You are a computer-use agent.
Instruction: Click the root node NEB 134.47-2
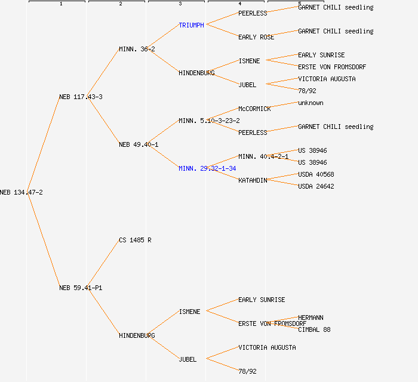[21, 192]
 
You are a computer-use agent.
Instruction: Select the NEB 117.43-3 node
[81, 97]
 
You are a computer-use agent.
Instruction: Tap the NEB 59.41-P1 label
[81, 288]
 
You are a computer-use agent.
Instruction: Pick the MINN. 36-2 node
[137, 49]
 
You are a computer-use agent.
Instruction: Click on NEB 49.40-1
[139, 144]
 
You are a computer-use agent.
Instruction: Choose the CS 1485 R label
[135, 240]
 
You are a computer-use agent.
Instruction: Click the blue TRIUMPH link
[191, 25]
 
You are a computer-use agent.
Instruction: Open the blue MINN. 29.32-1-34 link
[207, 168]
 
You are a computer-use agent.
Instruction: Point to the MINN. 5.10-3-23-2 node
[209, 121]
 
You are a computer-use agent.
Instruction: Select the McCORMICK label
[254, 109]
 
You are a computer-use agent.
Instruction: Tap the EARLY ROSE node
[256, 37]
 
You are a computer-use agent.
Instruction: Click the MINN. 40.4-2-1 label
[263, 156]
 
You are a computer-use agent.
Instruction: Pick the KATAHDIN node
[253, 180]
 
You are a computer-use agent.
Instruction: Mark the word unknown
[311, 103]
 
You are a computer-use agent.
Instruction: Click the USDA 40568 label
[316, 174]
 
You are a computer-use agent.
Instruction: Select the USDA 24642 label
[316, 186]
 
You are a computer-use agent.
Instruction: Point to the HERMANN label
[311, 318]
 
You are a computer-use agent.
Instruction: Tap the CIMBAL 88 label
[314, 329]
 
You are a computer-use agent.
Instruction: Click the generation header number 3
[180, 4]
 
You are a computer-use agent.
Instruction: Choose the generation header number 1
[60, 4]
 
